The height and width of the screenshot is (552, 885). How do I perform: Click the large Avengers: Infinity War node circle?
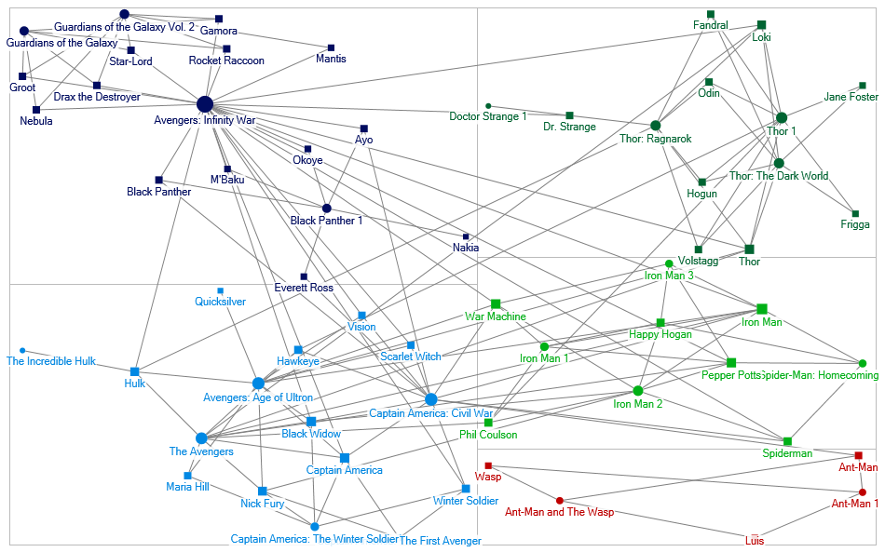click(205, 104)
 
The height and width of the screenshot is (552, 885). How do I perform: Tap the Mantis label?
click(331, 59)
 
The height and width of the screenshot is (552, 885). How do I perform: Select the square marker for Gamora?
click(219, 19)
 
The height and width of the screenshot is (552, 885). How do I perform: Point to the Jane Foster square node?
click(863, 86)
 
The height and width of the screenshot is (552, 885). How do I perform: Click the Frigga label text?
click(854, 224)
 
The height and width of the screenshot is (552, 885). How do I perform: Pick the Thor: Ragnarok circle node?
click(656, 125)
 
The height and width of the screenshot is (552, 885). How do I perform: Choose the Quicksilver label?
click(220, 302)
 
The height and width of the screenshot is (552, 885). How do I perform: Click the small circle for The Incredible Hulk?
click(22, 351)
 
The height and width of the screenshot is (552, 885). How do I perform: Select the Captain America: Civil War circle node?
click(430, 399)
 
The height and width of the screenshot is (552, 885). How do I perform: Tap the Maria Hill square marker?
click(187, 476)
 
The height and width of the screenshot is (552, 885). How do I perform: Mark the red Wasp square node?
click(488, 465)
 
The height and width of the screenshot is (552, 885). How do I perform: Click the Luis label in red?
click(756, 541)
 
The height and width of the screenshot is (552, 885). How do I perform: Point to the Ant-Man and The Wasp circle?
click(560, 500)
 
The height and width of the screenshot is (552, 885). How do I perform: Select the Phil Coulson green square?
click(488, 423)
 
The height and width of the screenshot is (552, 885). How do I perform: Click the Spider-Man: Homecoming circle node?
click(862, 363)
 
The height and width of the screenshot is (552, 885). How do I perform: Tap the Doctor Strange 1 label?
click(488, 116)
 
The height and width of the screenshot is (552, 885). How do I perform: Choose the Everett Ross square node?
click(304, 276)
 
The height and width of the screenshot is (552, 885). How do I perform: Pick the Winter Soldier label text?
click(459, 501)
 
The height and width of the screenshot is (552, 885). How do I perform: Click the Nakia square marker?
click(466, 236)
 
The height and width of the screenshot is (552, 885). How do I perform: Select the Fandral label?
click(711, 26)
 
